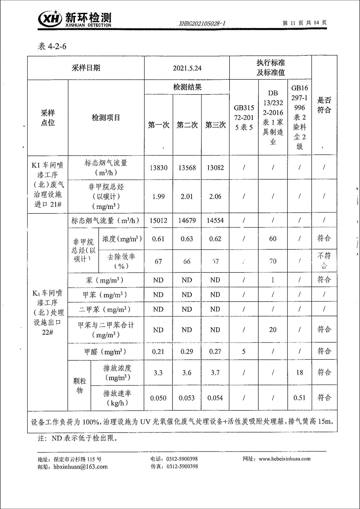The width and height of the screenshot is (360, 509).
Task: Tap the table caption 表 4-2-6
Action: point(52,46)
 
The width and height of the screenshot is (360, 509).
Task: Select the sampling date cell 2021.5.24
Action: point(187,68)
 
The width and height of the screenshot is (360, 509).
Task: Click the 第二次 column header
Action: point(187,125)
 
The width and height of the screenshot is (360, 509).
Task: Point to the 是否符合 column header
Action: point(324,105)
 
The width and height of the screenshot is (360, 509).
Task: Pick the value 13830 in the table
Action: point(158,168)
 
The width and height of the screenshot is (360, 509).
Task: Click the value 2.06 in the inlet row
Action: point(215,196)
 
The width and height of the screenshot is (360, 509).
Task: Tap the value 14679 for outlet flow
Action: point(187,221)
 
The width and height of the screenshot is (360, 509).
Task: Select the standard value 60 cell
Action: point(273,239)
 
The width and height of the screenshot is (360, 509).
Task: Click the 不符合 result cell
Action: point(324,260)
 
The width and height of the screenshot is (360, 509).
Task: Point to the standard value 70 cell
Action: point(273,261)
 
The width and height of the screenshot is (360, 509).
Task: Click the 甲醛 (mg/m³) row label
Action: point(105,352)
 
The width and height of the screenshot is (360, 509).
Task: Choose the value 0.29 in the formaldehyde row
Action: point(187,351)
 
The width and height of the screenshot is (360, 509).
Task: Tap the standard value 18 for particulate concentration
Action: point(299,372)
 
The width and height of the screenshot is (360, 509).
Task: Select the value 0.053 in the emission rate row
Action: point(187,398)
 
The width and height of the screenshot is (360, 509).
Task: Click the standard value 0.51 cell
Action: point(299,398)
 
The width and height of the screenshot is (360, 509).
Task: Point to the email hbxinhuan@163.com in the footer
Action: point(80,467)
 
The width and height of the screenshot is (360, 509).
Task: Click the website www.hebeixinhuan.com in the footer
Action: point(284,459)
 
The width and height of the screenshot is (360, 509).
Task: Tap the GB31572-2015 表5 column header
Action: point(244,118)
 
